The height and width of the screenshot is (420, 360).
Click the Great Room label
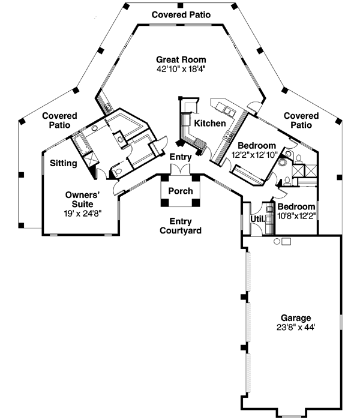[181, 60]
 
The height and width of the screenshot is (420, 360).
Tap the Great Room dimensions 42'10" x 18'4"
[181, 70]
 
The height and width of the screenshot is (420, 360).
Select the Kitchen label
[209, 124]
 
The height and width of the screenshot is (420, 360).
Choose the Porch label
[181, 191]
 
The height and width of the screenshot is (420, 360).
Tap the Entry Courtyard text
[181, 226]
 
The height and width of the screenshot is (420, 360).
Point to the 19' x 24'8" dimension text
[82, 212]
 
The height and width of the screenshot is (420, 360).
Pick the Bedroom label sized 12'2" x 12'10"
[257, 146]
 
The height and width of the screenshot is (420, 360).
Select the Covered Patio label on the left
[56, 120]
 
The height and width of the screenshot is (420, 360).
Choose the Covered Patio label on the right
[301, 120]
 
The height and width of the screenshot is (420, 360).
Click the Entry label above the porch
[180, 157]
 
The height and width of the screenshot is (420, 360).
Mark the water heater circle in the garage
[277, 241]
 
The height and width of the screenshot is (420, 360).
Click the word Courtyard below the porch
[181, 230]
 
